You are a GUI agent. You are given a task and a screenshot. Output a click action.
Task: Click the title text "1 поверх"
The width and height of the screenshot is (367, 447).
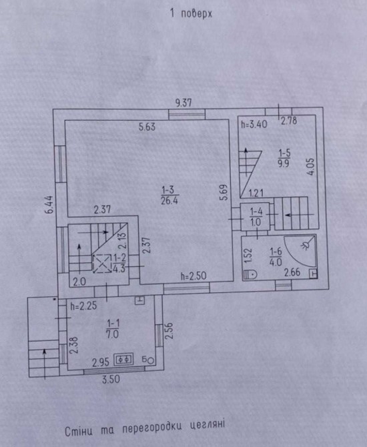pos(191,13)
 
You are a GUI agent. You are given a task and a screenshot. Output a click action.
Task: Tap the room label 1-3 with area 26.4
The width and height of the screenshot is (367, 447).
pos(169,195)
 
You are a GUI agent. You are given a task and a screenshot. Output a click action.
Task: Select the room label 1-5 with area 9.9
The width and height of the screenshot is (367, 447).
pos(284,158)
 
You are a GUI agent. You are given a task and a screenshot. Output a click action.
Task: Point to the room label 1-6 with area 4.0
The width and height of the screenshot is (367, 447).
pos(276,257)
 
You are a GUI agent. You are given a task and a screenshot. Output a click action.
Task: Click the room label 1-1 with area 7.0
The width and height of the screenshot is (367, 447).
pos(113,329)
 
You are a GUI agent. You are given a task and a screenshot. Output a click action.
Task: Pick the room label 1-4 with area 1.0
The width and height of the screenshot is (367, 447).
pos(256,217)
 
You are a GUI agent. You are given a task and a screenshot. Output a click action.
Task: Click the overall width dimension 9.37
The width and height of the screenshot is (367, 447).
pos(183,103)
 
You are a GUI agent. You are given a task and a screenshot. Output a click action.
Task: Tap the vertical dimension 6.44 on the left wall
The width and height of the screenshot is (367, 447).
pos(49,204)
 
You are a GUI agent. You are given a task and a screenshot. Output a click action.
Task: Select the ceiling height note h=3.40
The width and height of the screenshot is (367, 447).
pos(254,124)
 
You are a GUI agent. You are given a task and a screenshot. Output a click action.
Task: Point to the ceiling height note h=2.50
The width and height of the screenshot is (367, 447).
pos(194,276)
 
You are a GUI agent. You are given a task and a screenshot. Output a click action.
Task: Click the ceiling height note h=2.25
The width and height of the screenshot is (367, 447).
pos(83,306)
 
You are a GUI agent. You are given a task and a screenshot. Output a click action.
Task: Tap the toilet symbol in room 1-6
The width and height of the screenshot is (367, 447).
pos(250,274)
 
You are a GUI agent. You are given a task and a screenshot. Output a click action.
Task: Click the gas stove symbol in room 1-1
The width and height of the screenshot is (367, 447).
pos(123,359)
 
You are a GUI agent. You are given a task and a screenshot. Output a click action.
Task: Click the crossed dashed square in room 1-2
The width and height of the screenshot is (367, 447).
pos(102,264)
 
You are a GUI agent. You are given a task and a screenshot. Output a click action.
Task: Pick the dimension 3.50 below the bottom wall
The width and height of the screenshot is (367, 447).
pos(111,379)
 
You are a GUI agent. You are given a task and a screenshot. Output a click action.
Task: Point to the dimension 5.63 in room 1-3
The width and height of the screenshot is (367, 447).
pos(147,127)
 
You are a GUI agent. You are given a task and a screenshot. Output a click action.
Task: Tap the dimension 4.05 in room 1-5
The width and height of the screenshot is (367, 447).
pos(310,167)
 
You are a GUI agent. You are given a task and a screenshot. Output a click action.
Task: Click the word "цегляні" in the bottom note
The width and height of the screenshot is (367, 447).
pos(208,425)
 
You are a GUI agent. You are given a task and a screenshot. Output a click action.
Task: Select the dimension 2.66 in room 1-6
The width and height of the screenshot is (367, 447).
pos(292,272)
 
